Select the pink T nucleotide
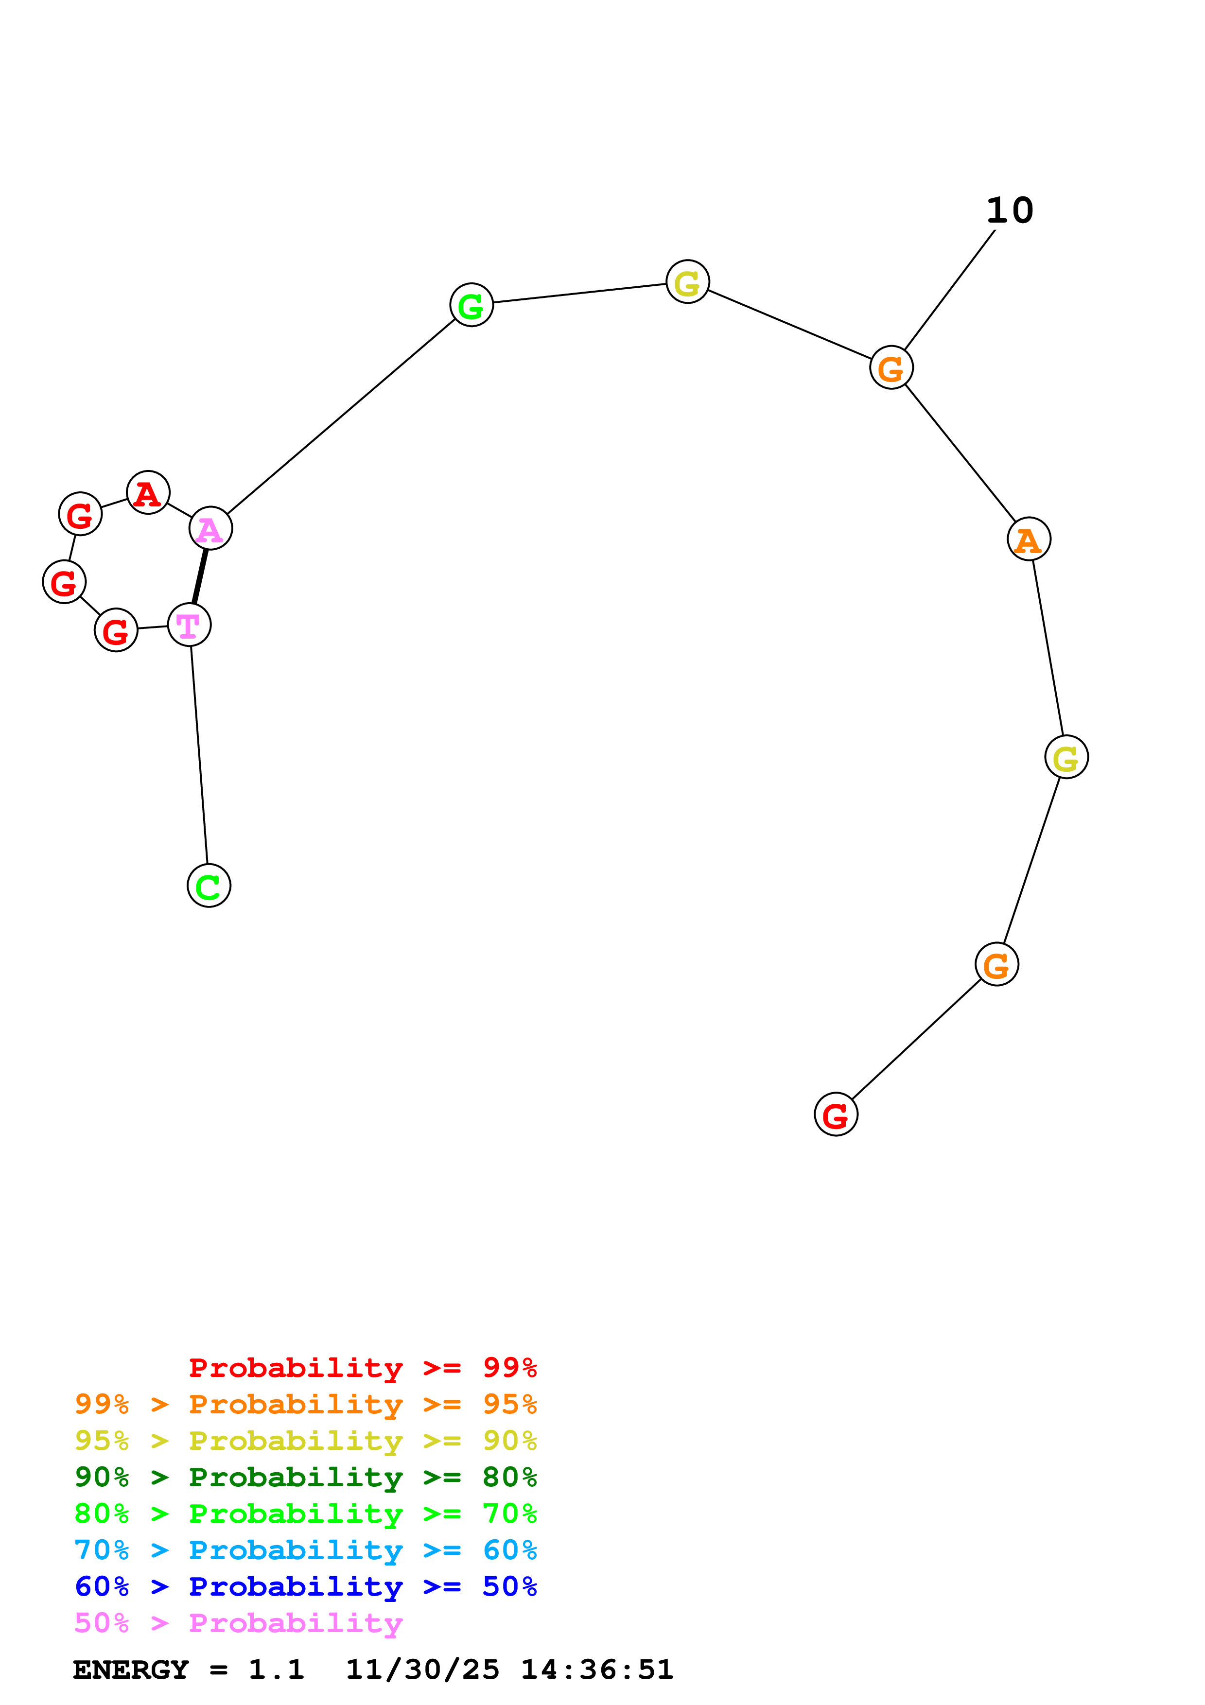tap(189, 625)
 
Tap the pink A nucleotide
tap(211, 529)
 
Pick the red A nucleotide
tap(148, 492)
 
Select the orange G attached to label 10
tap(891, 367)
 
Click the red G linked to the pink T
tap(116, 630)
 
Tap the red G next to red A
tap(80, 514)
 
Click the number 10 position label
tap(1010, 211)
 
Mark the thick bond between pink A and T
tap(200, 577)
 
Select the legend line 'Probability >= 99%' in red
tap(362, 1368)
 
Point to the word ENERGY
tap(131, 1670)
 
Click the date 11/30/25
tap(422, 1670)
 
